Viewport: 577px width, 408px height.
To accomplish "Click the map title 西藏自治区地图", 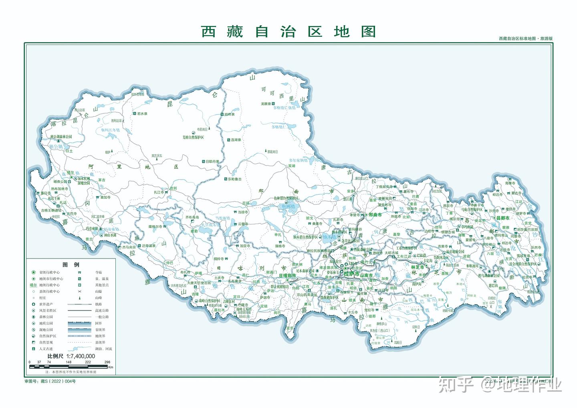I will coord(288,31).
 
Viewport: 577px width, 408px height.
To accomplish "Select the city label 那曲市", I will coord(375,215).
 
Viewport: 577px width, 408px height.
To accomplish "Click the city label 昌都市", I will coord(502,218).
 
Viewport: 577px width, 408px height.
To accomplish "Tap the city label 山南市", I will coord(366,276).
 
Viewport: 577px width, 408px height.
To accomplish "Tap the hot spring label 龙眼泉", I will coord(266,103).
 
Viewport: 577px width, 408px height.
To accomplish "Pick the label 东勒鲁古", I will coord(234,179).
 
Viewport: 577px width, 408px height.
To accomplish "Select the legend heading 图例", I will coord(71,265).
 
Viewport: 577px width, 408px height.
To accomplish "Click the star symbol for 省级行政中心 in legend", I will coord(34,272).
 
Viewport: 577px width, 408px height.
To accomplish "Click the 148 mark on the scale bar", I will coord(69,362).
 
